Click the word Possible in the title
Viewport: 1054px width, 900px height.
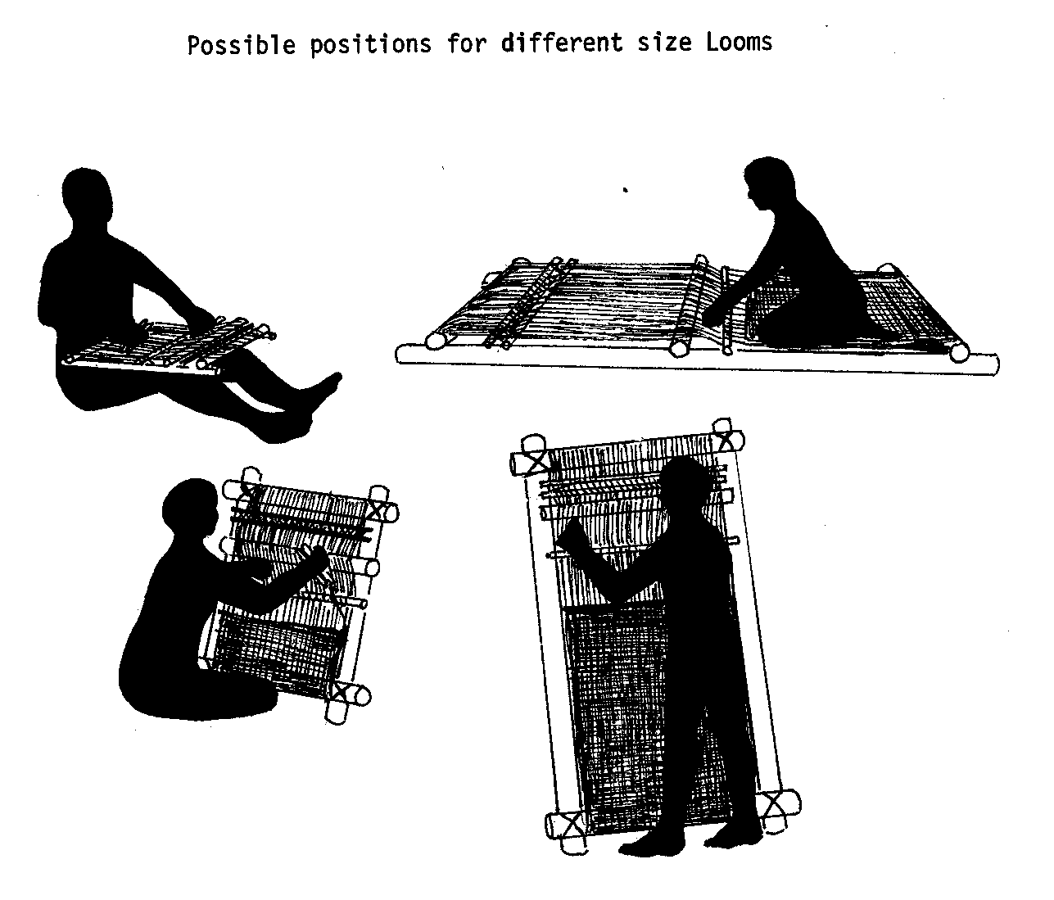242,44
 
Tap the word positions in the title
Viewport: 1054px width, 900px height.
371,44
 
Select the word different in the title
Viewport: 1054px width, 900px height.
562,43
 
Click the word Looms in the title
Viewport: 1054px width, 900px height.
739,42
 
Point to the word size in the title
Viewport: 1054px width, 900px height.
664,43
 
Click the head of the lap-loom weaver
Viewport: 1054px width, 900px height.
87,197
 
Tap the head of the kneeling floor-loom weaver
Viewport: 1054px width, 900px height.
768,183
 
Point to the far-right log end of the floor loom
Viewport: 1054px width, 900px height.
959,352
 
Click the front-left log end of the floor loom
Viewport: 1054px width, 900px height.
435,341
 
